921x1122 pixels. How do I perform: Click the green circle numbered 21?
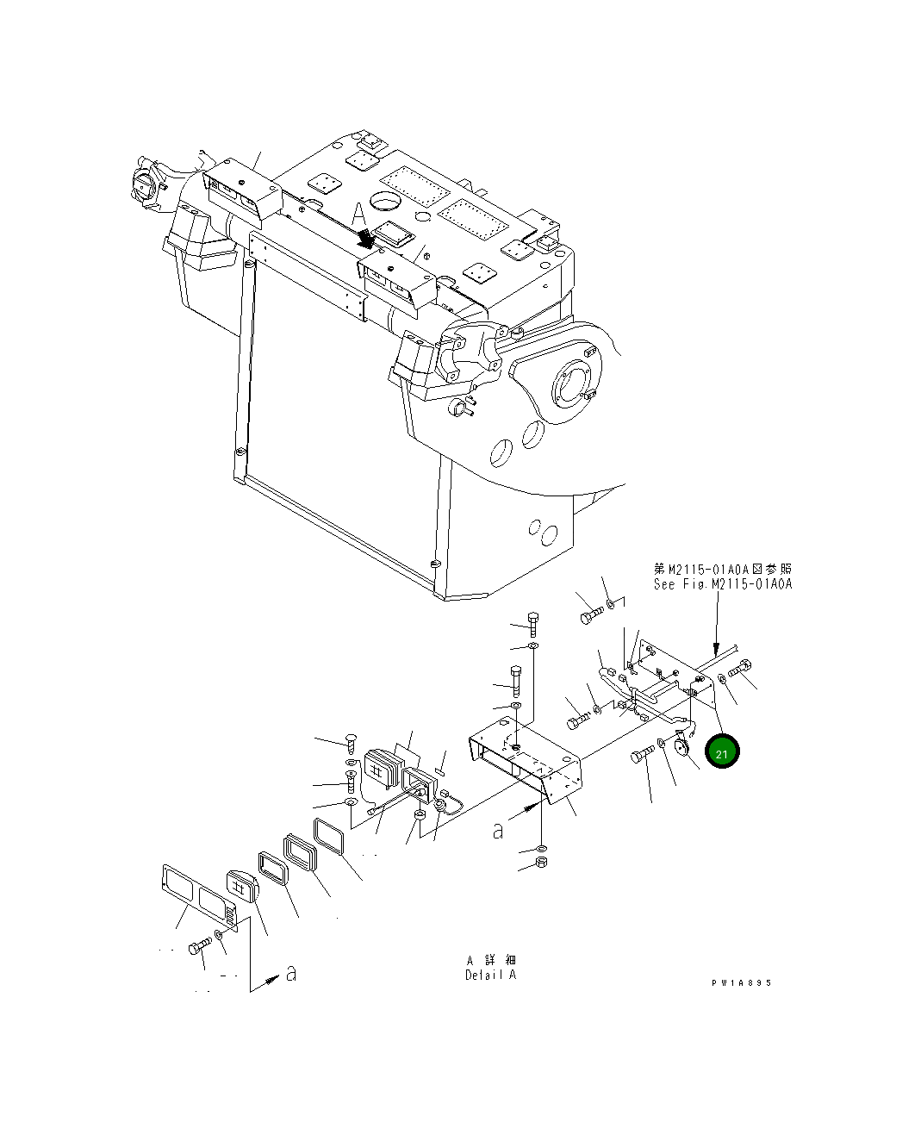722,753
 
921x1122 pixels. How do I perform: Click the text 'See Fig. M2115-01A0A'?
722,584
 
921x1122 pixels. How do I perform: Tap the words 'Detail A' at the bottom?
490,976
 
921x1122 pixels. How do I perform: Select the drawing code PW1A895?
741,982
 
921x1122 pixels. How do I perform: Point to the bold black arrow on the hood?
367,238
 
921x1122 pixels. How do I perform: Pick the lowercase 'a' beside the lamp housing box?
497,831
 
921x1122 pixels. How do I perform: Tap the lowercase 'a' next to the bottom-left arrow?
291,974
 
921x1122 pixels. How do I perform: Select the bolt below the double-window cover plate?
199,946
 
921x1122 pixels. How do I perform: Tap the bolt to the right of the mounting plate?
740,668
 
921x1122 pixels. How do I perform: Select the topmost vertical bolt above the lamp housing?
532,622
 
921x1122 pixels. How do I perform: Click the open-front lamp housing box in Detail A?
524,760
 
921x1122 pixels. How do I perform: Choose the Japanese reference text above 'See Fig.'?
722,569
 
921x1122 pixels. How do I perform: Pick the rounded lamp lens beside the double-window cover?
241,886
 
